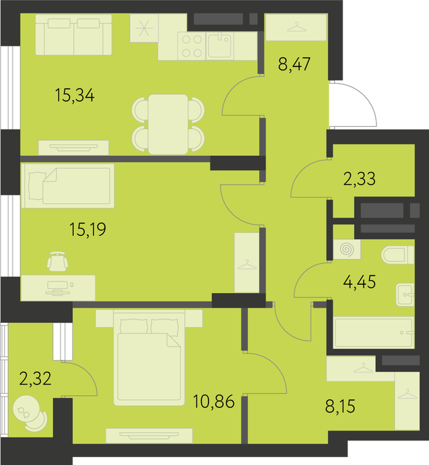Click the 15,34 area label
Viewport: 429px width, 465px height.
pyautogui.click(x=75, y=96)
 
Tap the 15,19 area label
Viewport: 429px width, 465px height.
pyautogui.click(x=88, y=230)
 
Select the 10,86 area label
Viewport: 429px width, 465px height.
pyautogui.click(x=213, y=402)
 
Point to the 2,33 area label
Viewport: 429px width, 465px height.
pyautogui.click(x=359, y=179)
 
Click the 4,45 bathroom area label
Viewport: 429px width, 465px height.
pyautogui.click(x=359, y=282)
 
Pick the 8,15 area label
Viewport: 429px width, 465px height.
pyautogui.click(x=340, y=407)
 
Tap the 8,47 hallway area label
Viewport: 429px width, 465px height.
pyautogui.click(x=294, y=64)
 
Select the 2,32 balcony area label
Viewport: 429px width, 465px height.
pyautogui.click(x=35, y=379)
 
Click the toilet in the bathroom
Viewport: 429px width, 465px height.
pyautogui.click(x=397, y=255)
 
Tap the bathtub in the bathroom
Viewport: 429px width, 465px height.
pyautogui.click(x=374, y=332)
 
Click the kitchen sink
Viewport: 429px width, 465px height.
pyautogui.click(x=219, y=46)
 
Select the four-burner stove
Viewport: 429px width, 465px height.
pyautogui.click(x=191, y=46)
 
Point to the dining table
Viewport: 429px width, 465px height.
pyautogui.click(x=168, y=124)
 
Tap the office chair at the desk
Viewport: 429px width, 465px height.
pyautogui.click(x=58, y=261)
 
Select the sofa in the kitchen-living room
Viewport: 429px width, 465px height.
pyautogui.click(x=74, y=35)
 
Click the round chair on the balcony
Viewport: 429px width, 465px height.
pyautogui.click(x=31, y=413)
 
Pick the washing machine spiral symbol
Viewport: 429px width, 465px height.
pyautogui.click(x=347, y=249)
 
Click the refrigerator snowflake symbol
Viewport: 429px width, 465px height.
pyautogui.click(x=144, y=29)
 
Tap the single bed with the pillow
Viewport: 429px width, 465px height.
pyautogui.click(x=68, y=186)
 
